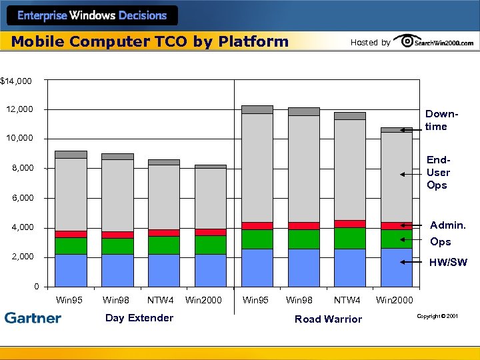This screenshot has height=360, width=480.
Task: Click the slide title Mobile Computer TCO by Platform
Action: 150,41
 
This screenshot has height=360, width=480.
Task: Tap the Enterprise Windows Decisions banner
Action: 91,15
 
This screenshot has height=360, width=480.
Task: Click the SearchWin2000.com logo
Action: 434,41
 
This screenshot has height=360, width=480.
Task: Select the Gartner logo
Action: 33,318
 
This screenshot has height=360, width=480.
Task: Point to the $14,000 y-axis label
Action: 16,81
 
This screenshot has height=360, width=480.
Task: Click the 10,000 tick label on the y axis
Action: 19,139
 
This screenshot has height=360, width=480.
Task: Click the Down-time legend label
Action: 437,120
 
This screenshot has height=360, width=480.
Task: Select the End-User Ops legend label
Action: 437,173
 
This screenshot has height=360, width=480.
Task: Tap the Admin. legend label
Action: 447,225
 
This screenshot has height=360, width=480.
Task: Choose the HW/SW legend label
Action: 448,263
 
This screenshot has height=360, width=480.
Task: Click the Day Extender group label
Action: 139,318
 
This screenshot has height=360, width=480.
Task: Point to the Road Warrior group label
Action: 328,319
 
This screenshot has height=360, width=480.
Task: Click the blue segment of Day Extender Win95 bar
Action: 71,270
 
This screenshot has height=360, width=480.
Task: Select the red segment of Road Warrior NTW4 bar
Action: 350,224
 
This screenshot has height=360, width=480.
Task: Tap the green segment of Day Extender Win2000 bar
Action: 211,245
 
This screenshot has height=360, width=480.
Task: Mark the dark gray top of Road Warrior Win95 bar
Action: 257,109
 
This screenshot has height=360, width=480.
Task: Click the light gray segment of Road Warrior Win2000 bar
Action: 396,177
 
